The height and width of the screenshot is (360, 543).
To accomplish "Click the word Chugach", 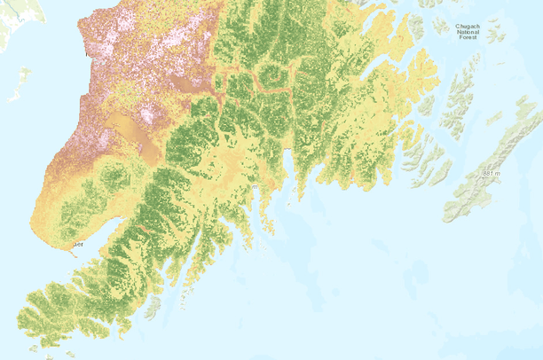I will pos(468,27).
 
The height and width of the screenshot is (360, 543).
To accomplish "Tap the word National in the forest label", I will pos(468,33).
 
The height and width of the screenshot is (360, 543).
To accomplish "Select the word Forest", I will pos(468,39).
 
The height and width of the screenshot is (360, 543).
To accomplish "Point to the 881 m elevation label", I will pos(491,172).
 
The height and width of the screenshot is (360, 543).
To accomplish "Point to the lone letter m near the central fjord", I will pos(255,187).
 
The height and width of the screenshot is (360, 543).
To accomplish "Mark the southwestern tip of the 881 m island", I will pos(449,214).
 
